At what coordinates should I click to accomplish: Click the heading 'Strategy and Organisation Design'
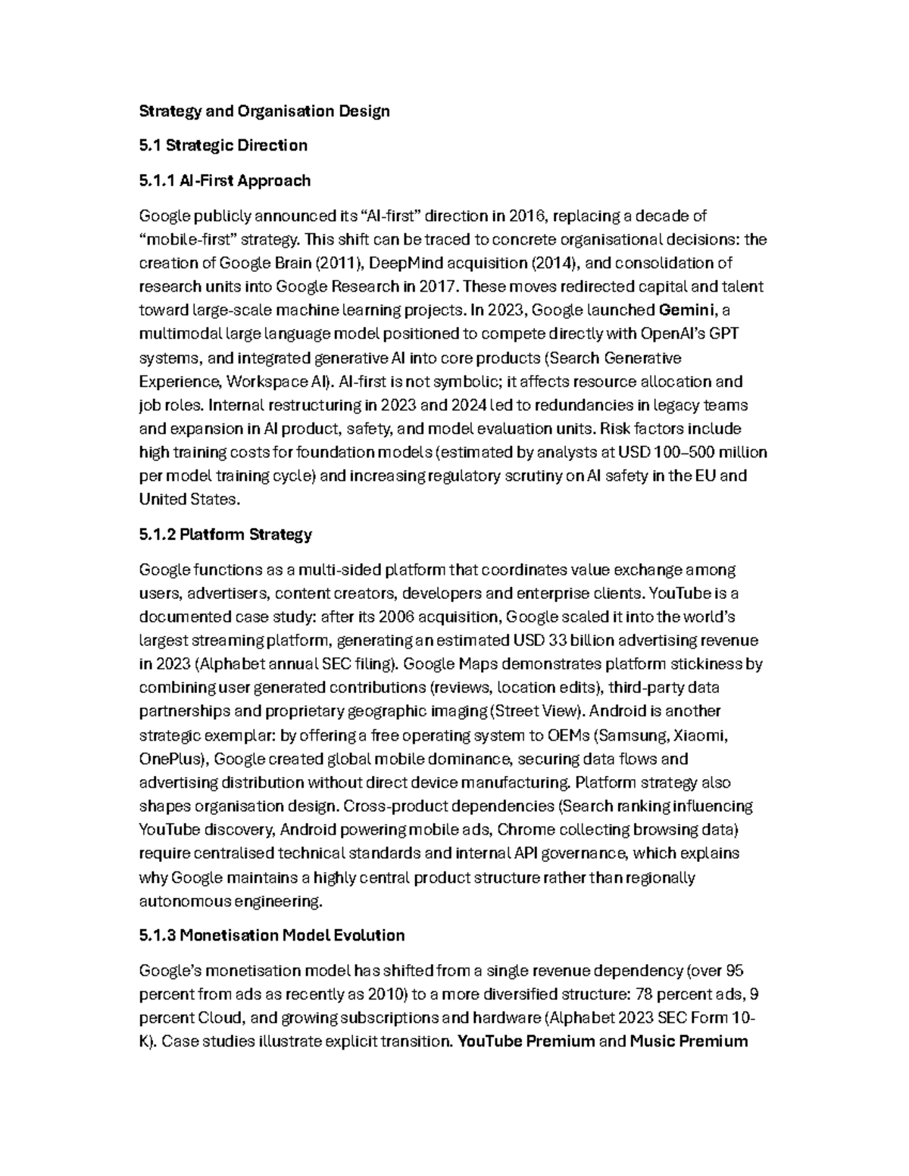coord(264,111)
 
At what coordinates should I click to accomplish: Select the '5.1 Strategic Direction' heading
coord(223,145)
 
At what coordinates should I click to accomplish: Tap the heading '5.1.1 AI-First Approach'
coord(225,180)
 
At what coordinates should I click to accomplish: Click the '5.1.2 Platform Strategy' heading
coord(225,535)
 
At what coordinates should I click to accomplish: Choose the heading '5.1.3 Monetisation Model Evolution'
coord(272,935)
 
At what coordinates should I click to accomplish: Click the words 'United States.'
coord(189,499)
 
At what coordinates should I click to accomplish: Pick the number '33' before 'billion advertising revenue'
coord(558,641)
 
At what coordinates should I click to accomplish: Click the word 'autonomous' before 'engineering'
coord(185,901)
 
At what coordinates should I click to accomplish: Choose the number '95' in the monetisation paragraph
coord(735,971)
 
